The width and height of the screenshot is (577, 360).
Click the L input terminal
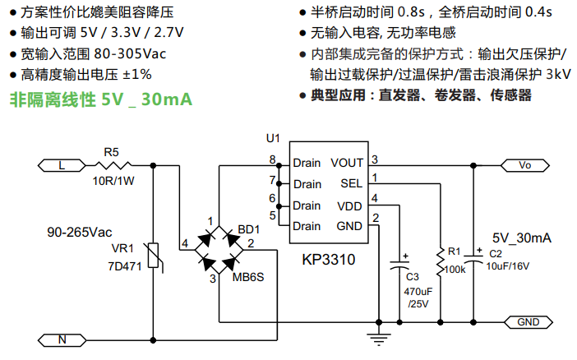coord(62,165)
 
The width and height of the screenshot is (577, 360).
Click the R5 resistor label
coord(112,151)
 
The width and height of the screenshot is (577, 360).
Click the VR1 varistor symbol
coord(154,256)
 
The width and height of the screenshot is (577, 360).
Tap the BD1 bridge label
coord(248,228)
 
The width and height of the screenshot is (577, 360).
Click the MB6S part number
coord(249,279)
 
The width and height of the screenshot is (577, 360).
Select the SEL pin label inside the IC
coord(352,183)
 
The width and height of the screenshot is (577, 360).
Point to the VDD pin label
coord(350,205)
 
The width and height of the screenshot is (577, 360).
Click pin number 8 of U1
coord(272,159)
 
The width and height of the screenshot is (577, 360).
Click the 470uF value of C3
coord(418,292)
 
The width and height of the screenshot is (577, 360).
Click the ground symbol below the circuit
coord(378,337)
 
